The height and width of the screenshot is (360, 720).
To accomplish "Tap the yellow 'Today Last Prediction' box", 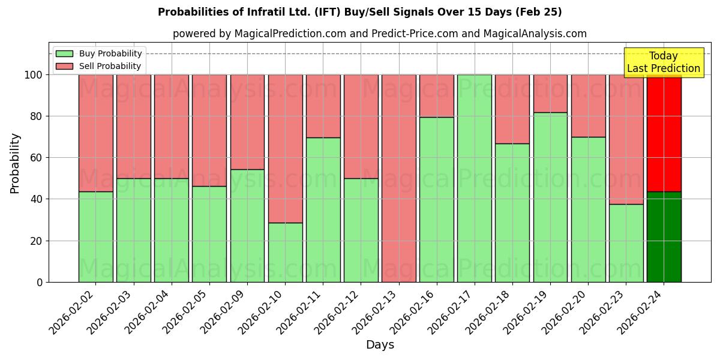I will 663,62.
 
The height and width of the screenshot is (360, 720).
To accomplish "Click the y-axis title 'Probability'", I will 15,163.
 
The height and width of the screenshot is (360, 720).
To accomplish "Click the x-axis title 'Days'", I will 380,345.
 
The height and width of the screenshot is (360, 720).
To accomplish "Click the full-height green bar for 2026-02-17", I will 475,178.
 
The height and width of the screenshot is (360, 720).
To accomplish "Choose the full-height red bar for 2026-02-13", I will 398,178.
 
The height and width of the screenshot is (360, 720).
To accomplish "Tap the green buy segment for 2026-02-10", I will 285,252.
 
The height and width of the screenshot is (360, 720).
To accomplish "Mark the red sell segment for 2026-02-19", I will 550,94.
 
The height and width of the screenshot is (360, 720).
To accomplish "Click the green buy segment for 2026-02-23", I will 626,243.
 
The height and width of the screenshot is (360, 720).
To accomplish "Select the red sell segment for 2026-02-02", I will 95,133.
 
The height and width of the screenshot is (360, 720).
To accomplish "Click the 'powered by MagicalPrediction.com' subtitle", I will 379,34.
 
